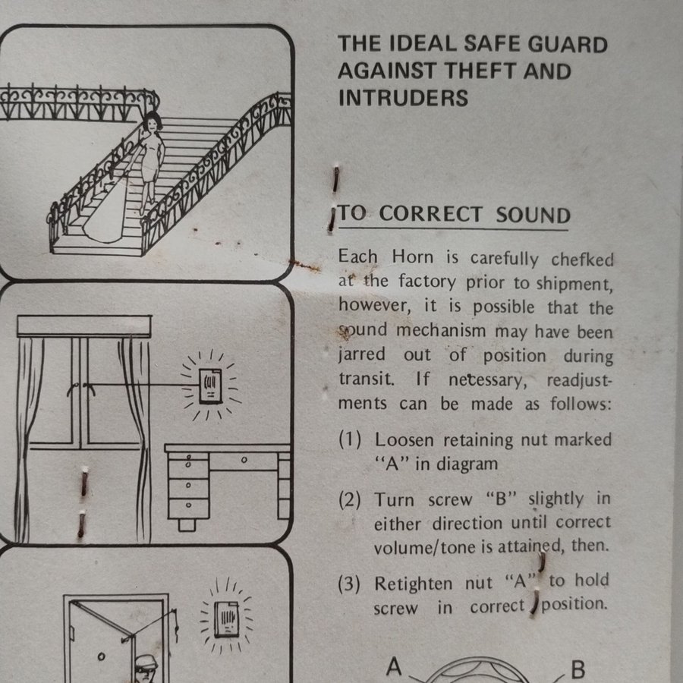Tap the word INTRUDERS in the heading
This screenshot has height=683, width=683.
[403, 98]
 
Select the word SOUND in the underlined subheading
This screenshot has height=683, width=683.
[533, 216]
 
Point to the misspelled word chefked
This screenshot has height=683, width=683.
[582, 260]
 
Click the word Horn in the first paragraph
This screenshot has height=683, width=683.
[412, 257]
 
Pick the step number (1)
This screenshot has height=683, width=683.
[350, 440]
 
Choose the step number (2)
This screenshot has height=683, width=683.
[350, 499]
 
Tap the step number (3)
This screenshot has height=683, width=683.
[349, 584]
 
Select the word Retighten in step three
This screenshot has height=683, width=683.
[413, 584]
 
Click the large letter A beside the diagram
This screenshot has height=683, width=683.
[393, 666]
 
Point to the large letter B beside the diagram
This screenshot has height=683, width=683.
[578, 669]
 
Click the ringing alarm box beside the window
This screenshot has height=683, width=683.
[210, 386]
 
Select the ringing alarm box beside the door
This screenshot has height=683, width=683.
[226, 619]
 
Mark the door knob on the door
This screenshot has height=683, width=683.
[101, 656]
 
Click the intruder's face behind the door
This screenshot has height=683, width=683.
[144, 673]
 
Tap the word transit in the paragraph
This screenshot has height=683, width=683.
[367, 379]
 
